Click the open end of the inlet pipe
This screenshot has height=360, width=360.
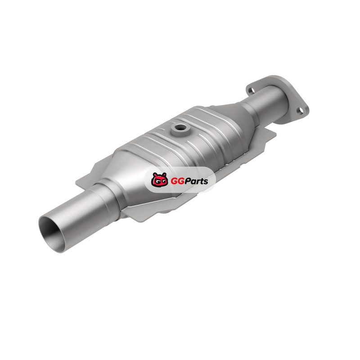tap(52, 234)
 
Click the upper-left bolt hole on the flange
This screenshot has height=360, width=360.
tap(252, 91)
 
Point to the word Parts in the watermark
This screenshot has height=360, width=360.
tap(194, 181)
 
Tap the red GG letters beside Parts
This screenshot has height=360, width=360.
tap(175, 181)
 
